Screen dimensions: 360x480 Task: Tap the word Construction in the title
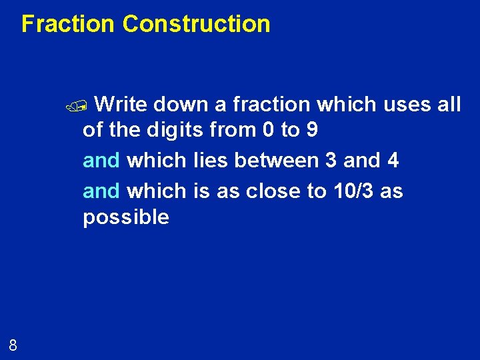tap(197, 24)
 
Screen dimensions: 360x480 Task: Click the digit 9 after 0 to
tap(311, 130)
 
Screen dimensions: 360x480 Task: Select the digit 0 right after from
tap(269, 130)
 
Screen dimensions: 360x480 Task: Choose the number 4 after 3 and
tap(392, 161)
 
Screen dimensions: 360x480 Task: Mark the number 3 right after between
tap(331, 161)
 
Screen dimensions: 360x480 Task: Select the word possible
tap(126, 217)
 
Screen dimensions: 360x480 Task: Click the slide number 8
tap(13, 345)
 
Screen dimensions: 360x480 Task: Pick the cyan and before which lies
tap(101, 161)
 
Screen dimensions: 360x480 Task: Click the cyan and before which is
tap(101, 191)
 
